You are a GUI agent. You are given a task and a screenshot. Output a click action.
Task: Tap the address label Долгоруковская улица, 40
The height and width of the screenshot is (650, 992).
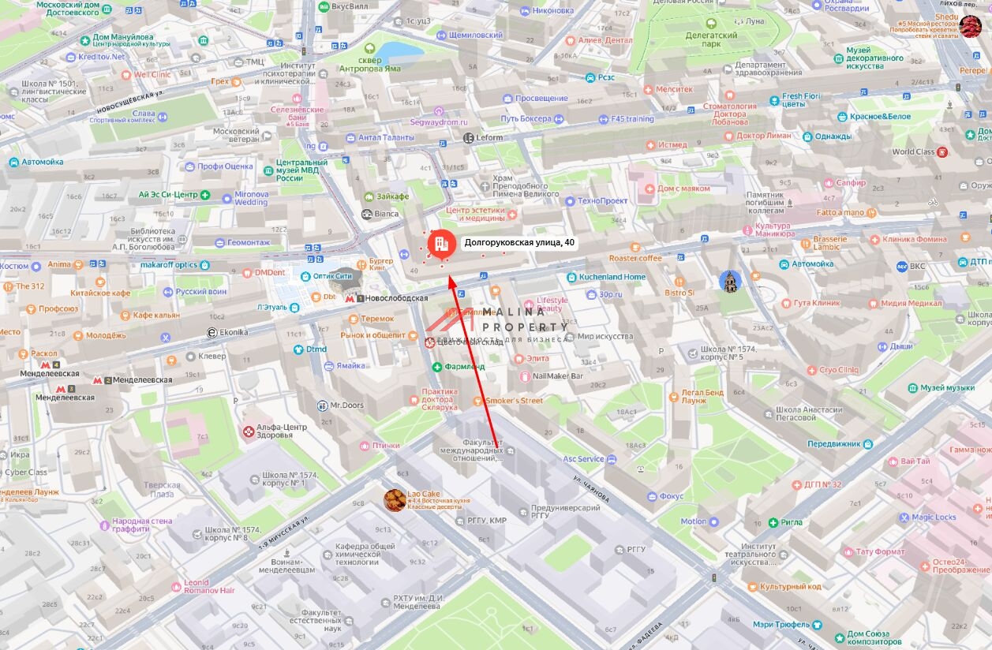click(518, 243)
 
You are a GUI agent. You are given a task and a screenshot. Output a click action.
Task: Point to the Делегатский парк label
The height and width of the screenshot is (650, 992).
click(710, 39)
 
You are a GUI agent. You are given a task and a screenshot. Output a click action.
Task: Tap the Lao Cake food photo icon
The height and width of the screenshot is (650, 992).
click(395, 499)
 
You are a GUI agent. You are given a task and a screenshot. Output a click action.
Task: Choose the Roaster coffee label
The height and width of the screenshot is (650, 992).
click(635, 258)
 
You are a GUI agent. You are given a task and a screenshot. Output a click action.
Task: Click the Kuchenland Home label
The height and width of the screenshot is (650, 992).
click(612, 277)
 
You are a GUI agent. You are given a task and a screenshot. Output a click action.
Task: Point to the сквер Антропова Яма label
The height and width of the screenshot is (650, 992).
click(372, 64)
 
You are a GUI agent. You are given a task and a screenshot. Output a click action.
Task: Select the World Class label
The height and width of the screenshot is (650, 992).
click(913, 151)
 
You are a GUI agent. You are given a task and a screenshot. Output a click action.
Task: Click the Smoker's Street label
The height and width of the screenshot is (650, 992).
click(514, 401)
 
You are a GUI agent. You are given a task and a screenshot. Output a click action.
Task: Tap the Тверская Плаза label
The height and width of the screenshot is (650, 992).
click(162, 490)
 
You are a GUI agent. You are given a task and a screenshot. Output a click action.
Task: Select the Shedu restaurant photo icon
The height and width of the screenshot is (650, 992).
click(970, 26)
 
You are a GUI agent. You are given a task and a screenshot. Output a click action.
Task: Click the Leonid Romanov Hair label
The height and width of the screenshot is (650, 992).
click(209, 586)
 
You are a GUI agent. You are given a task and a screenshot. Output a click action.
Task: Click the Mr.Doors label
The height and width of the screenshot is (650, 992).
click(346, 405)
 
